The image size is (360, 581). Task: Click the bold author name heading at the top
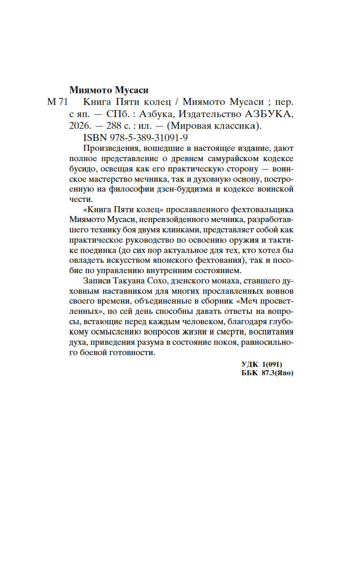click(112, 90)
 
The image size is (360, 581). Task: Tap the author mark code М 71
click(58, 103)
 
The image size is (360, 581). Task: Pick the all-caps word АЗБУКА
click(270, 114)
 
